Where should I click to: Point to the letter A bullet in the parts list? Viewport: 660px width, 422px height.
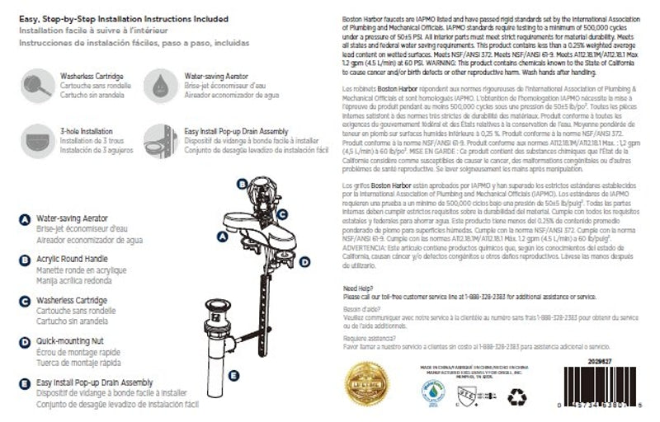click(x=25, y=220)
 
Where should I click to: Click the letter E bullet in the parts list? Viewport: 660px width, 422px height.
click(x=25, y=383)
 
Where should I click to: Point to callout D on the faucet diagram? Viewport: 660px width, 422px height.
click(x=304, y=262)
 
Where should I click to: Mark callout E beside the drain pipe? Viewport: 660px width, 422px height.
click(x=234, y=376)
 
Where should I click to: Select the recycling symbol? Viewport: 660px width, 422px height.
click(x=518, y=396)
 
